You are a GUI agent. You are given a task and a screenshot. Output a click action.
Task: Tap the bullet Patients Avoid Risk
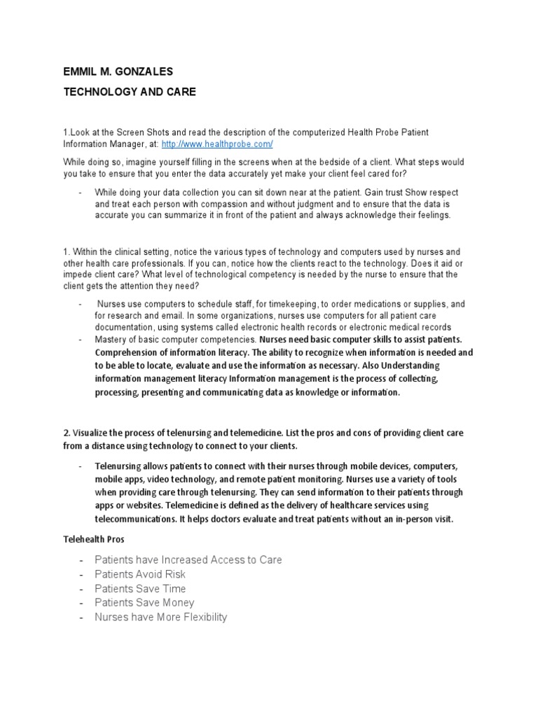pos(140,574)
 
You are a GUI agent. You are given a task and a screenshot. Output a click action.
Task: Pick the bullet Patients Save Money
pos(144,602)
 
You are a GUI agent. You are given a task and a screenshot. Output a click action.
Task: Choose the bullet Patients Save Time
pos(140,588)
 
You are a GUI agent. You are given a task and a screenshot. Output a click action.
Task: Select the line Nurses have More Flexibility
pos(161,617)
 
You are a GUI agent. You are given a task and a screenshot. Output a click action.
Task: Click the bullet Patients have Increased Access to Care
pos(188,559)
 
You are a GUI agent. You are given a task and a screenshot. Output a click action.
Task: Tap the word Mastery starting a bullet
pos(112,340)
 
